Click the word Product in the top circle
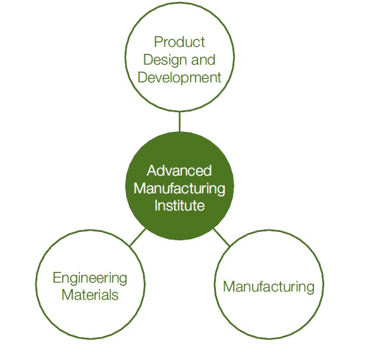click(179, 42)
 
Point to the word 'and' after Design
click(203, 60)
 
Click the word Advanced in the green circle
click(179, 170)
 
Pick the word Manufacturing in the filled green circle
click(179, 190)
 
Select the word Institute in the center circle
click(179, 205)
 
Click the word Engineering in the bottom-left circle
click(90, 279)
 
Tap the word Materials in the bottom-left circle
click(90, 295)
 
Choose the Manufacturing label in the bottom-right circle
click(269, 288)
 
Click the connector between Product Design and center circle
click(180, 121)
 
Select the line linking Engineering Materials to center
click(138, 237)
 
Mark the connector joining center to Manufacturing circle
click(222, 237)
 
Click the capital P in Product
click(158, 42)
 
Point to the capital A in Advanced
click(152, 170)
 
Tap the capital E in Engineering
click(57, 278)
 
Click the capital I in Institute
click(156, 205)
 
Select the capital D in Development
click(143, 77)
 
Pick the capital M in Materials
click(68, 295)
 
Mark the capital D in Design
click(149, 60)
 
